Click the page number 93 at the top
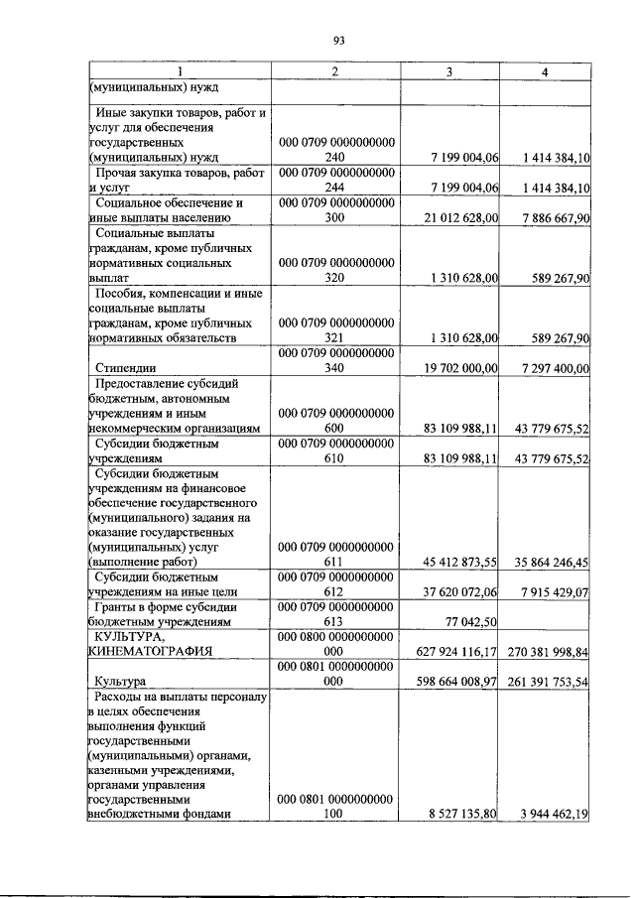pyautogui.click(x=338, y=40)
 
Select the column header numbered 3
pyautogui.click(x=449, y=72)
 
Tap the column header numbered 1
pyautogui.click(x=179, y=72)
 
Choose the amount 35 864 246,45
pyautogui.click(x=547, y=561)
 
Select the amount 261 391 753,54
pyautogui.click(x=547, y=682)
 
